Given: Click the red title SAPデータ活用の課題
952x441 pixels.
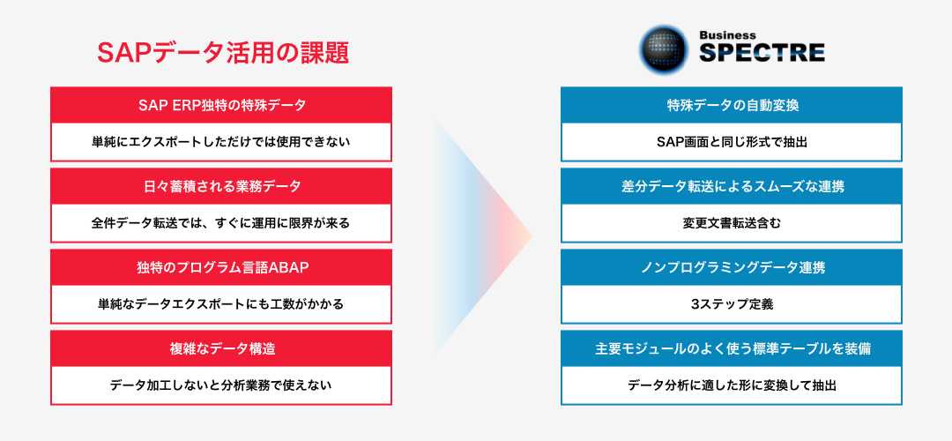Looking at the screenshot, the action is pyautogui.click(x=223, y=53).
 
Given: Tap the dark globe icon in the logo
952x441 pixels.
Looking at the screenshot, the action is pyautogui.click(x=664, y=49).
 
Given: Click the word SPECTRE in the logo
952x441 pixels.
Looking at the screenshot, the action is pyautogui.click(x=762, y=53).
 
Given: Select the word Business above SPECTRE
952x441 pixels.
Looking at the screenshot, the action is pyautogui.click(x=727, y=35).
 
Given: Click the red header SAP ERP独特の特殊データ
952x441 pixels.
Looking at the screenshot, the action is pyautogui.click(x=221, y=105).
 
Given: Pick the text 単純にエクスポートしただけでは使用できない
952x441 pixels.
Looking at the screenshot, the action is pyautogui.click(x=221, y=142).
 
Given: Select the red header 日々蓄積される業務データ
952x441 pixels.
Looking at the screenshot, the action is pyautogui.click(x=221, y=186).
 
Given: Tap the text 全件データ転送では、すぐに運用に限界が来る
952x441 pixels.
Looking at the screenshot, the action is pyautogui.click(x=221, y=223).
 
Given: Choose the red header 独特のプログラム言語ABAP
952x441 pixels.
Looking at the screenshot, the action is pyautogui.click(x=221, y=267).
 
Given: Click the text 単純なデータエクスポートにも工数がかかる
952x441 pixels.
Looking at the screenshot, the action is pyautogui.click(x=221, y=304).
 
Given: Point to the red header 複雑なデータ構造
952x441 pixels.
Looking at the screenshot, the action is pyautogui.click(x=221, y=348).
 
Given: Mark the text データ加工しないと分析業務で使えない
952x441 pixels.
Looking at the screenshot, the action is pyautogui.click(x=221, y=385).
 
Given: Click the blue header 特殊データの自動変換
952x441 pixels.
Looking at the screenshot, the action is pyautogui.click(x=732, y=105).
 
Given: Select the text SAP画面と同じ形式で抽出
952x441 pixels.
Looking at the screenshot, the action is pyautogui.click(x=732, y=142).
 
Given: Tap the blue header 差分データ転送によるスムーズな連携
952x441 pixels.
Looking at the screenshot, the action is pyautogui.click(x=732, y=186).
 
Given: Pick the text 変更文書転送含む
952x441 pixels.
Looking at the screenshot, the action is pyautogui.click(x=732, y=223).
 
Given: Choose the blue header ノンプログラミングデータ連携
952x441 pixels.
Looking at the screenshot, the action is pyautogui.click(x=732, y=267).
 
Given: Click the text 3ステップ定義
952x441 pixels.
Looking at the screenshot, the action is pyautogui.click(x=732, y=304).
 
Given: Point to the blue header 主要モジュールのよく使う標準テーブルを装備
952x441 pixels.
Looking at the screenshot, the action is pyautogui.click(x=732, y=348).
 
